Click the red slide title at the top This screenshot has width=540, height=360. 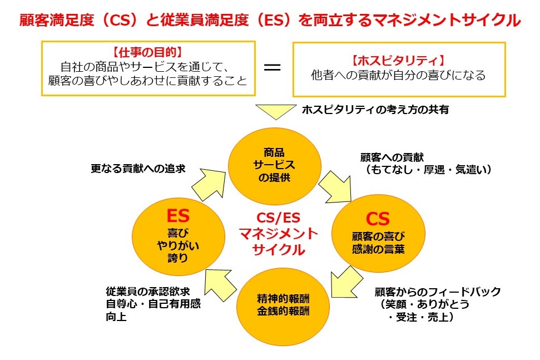point(270,21)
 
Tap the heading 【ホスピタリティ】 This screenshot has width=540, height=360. point(398,60)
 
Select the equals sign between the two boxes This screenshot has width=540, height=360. point(271,67)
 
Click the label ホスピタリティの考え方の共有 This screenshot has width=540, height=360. point(375,110)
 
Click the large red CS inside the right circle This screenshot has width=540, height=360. point(378,218)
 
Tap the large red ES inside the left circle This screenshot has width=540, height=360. point(178,215)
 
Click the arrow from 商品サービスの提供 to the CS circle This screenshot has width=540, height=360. point(337,184)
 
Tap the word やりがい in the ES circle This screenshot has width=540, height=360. point(178,245)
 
